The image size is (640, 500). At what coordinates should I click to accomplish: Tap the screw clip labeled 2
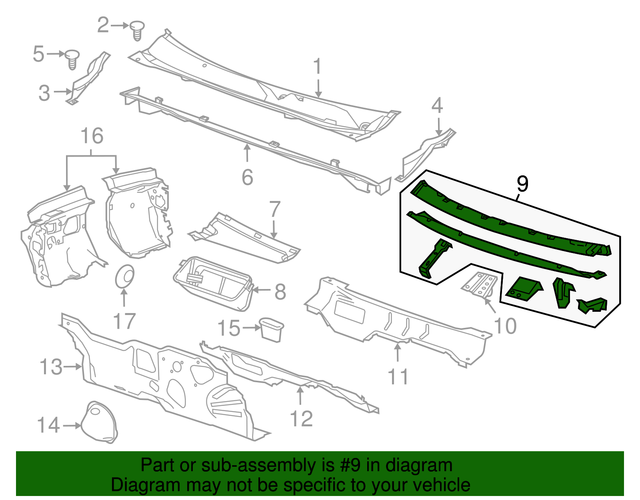pos(137,30)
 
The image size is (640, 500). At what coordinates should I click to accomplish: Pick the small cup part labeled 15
pos(272,329)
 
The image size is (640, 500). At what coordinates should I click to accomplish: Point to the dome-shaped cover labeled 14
pos(99,422)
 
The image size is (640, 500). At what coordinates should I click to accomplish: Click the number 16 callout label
pos(92,136)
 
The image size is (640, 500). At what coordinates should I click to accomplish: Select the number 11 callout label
pos(398,377)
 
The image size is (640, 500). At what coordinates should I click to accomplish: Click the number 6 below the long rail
pos(248,177)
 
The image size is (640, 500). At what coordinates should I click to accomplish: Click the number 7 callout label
pos(275,209)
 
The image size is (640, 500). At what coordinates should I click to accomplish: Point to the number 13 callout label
pos(51,367)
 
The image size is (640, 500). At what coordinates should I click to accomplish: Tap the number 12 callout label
pos(301,419)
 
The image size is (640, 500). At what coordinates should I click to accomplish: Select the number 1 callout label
pos(317,66)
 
